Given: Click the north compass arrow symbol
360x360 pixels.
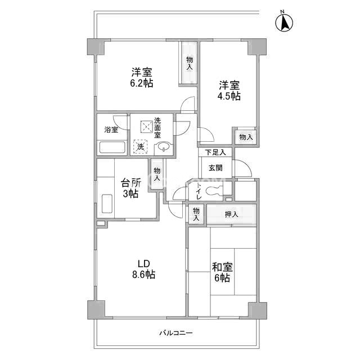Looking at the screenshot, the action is pyautogui.click(x=284, y=22).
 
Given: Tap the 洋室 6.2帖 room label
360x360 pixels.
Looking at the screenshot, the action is pyautogui.click(x=142, y=78).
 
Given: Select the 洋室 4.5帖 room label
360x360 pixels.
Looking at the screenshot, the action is pyautogui.click(x=229, y=91).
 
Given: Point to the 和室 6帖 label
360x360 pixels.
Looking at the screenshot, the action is pyautogui.click(x=222, y=272).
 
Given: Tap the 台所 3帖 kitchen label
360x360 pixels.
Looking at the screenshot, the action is pyautogui.click(x=130, y=188).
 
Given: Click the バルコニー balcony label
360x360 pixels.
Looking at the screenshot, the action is pyautogui.click(x=176, y=332).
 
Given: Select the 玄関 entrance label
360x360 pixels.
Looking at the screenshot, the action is pyautogui.click(x=215, y=168).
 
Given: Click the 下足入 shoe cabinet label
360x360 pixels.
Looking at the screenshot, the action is pyautogui.click(x=215, y=152).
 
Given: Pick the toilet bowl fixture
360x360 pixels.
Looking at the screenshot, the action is pyautogui.click(x=214, y=191).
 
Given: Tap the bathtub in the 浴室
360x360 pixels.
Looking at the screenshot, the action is pyautogui.click(x=112, y=147).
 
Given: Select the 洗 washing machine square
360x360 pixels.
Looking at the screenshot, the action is pyautogui.click(x=141, y=146).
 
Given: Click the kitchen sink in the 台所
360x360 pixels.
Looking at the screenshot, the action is pyautogui.click(x=107, y=204).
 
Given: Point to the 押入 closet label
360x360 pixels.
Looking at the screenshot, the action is pyautogui.click(x=231, y=214).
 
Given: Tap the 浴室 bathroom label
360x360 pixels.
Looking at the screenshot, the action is pyautogui.click(x=111, y=130).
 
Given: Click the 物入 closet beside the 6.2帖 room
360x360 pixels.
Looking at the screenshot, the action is pyautogui.click(x=190, y=62).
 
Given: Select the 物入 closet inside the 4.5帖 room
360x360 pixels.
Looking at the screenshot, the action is pyautogui.click(x=246, y=137).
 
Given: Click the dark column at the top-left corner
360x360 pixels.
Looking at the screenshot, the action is pyautogui.click(x=96, y=47).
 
